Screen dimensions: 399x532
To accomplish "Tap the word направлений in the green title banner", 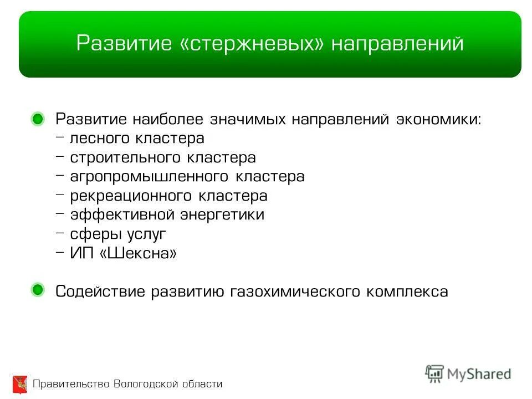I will tap(397, 44).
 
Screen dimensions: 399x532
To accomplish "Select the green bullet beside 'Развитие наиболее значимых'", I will tap(38, 119).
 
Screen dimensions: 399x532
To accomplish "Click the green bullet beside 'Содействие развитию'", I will tap(38, 290).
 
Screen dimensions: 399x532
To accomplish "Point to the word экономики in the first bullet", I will tap(438, 120).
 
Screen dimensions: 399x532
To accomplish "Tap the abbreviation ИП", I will tap(81, 253).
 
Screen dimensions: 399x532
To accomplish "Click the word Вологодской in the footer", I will tap(146, 384).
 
